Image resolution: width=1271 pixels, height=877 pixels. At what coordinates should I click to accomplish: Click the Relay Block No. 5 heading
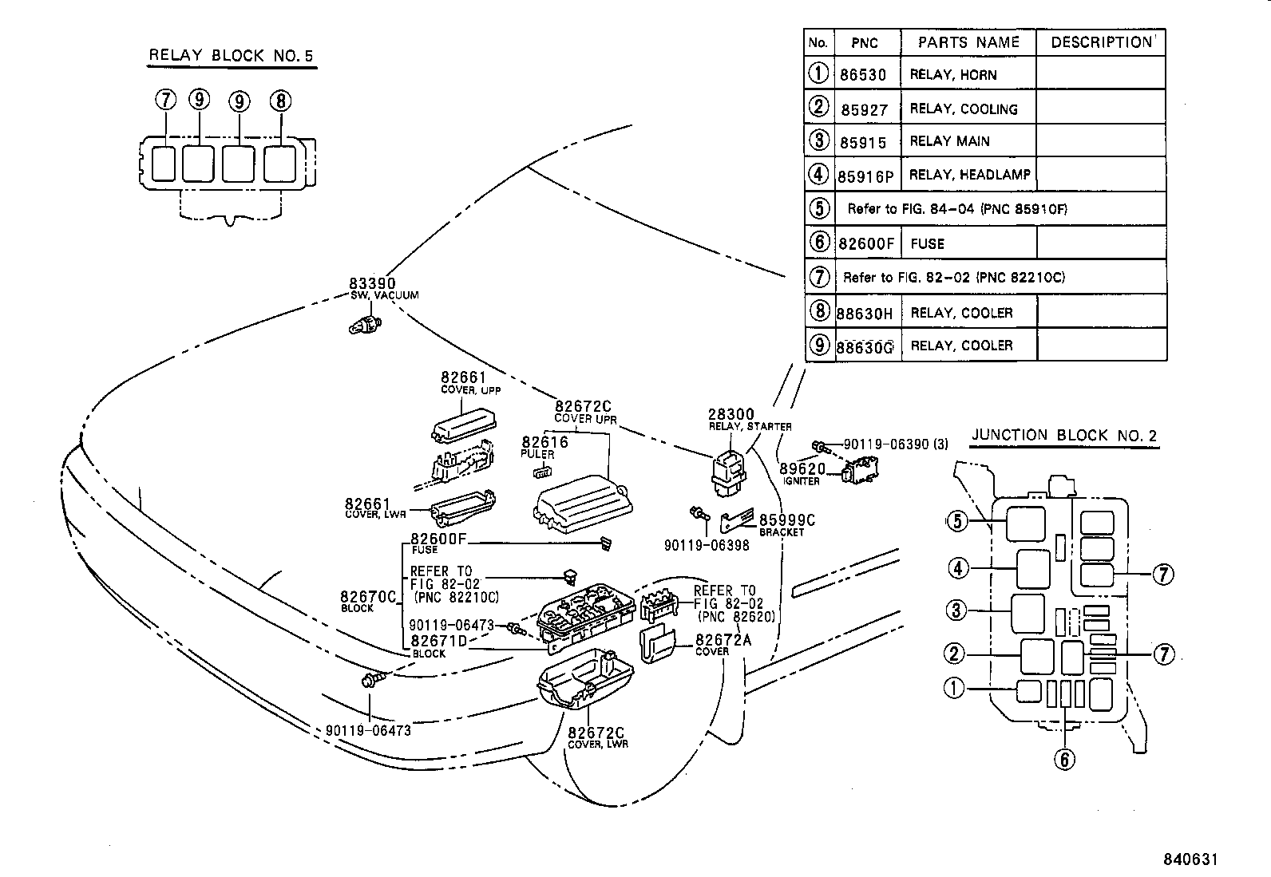[232, 56]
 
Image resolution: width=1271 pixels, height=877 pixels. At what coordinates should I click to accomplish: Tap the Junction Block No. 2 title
[1063, 436]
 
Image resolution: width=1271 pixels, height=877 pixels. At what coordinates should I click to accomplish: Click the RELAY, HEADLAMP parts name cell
[969, 174]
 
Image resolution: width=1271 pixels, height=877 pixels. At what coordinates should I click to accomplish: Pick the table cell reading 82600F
[866, 244]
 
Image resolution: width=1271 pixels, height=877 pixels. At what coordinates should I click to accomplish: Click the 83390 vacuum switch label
[371, 283]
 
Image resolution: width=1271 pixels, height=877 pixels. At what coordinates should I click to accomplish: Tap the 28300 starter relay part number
[731, 415]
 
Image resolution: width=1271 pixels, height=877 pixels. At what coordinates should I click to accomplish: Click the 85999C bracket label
[786, 520]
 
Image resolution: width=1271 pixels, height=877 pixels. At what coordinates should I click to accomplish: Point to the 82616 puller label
[544, 442]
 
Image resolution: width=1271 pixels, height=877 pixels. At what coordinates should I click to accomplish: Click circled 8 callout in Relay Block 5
[280, 101]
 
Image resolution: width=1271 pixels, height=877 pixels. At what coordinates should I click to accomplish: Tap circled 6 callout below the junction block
[1064, 760]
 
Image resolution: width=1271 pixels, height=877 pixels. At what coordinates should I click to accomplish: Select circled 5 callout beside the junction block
[957, 522]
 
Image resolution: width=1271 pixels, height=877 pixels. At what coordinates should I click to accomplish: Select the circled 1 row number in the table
[818, 73]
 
